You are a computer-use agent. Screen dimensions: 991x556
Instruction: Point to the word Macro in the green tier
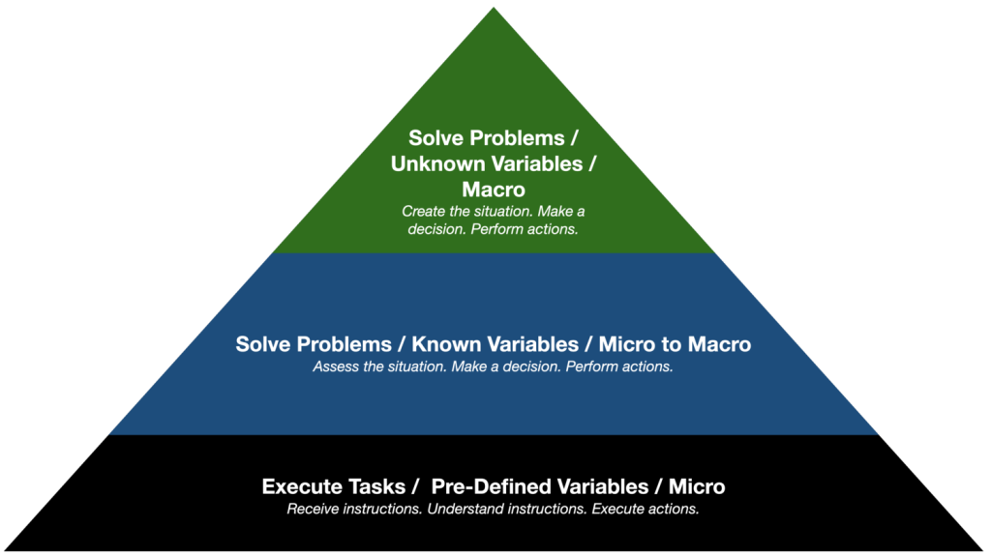point(494,189)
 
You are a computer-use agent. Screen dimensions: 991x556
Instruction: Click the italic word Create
point(423,211)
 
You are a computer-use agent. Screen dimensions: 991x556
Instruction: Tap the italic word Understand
point(465,509)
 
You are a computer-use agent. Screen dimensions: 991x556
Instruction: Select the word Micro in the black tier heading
point(697,486)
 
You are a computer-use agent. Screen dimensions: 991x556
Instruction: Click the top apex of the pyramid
point(494,8)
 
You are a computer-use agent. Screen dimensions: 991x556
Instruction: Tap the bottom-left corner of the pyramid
point(5,550)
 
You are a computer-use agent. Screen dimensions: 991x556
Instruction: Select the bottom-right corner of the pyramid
point(983,550)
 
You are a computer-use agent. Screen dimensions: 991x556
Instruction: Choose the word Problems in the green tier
point(519,137)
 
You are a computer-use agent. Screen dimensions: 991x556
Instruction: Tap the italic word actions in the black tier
point(675,509)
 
